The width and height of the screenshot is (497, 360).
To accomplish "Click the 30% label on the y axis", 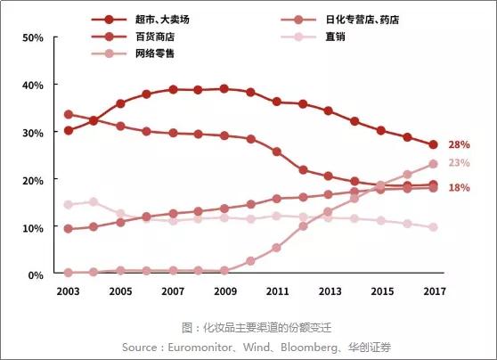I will tap(33, 133).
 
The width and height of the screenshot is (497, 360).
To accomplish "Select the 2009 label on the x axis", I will tap(224, 291).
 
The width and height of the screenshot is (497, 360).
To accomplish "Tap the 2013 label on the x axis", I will tap(330, 291).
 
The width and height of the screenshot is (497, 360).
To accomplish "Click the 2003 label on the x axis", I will tap(69, 291).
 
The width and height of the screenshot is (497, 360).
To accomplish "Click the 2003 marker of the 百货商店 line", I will tap(69, 115).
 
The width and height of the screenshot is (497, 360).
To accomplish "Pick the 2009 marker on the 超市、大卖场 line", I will tap(224, 89).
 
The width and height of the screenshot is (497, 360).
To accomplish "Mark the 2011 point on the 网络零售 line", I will tap(277, 248).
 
